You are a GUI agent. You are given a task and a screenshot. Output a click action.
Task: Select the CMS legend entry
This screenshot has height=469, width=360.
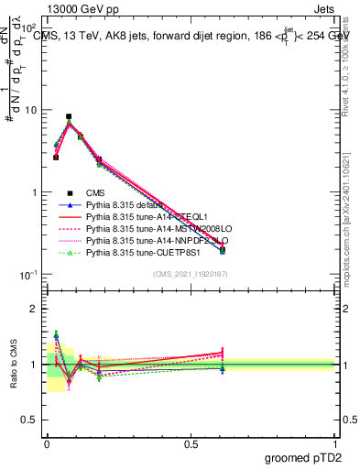[x=98, y=191]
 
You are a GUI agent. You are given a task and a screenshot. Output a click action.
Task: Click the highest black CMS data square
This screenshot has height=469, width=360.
[x=69, y=117]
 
